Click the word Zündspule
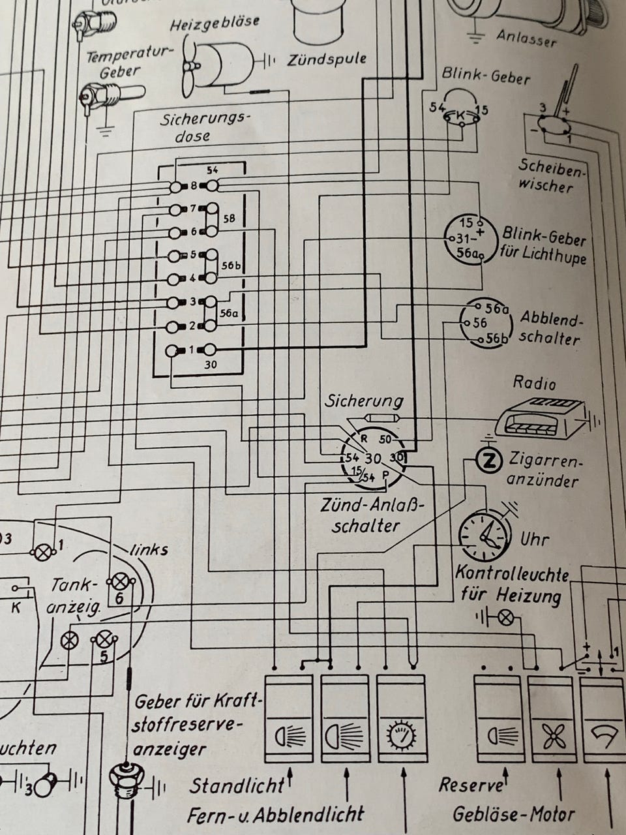pos(326,59)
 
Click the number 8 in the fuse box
pos(194,187)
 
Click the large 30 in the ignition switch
pos(374,459)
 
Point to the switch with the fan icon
pos(552,720)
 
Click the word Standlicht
pos(236,785)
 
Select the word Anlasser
pos(526,37)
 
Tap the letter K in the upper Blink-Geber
pos(461,117)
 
